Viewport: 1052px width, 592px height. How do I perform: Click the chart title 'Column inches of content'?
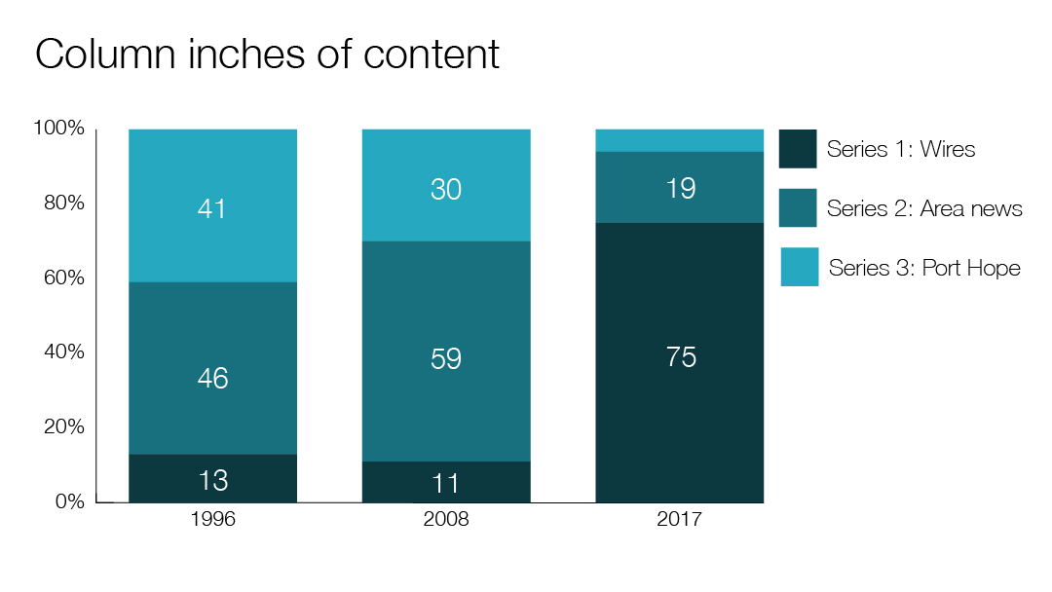(267, 55)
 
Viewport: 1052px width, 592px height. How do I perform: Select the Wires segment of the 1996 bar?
(166, 479)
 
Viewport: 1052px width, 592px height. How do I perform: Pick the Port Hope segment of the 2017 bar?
(679, 140)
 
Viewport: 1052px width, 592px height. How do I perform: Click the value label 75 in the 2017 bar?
(681, 357)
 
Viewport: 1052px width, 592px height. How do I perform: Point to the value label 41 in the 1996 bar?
(212, 209)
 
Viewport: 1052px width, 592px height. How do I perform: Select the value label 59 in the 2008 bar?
(446, 359)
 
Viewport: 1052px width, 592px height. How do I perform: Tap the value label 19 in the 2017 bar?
(681, 188)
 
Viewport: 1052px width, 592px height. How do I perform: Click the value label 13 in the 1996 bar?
(212, 480)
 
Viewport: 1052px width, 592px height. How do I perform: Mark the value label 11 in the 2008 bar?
(446, 483)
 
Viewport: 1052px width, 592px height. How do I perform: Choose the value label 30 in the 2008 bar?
(446, 190)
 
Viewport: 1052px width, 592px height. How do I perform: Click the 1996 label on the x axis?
(212, 520)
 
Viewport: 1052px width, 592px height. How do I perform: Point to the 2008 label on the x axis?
(446, 520)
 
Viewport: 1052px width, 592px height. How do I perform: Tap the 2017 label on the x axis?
(679, 520)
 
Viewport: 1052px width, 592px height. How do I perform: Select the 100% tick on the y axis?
(59, 129)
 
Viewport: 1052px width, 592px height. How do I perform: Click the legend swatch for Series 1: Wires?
(798, 149)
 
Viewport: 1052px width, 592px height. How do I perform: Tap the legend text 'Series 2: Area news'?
(924, 208)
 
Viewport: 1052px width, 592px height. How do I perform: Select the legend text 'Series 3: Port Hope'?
(924, 268)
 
